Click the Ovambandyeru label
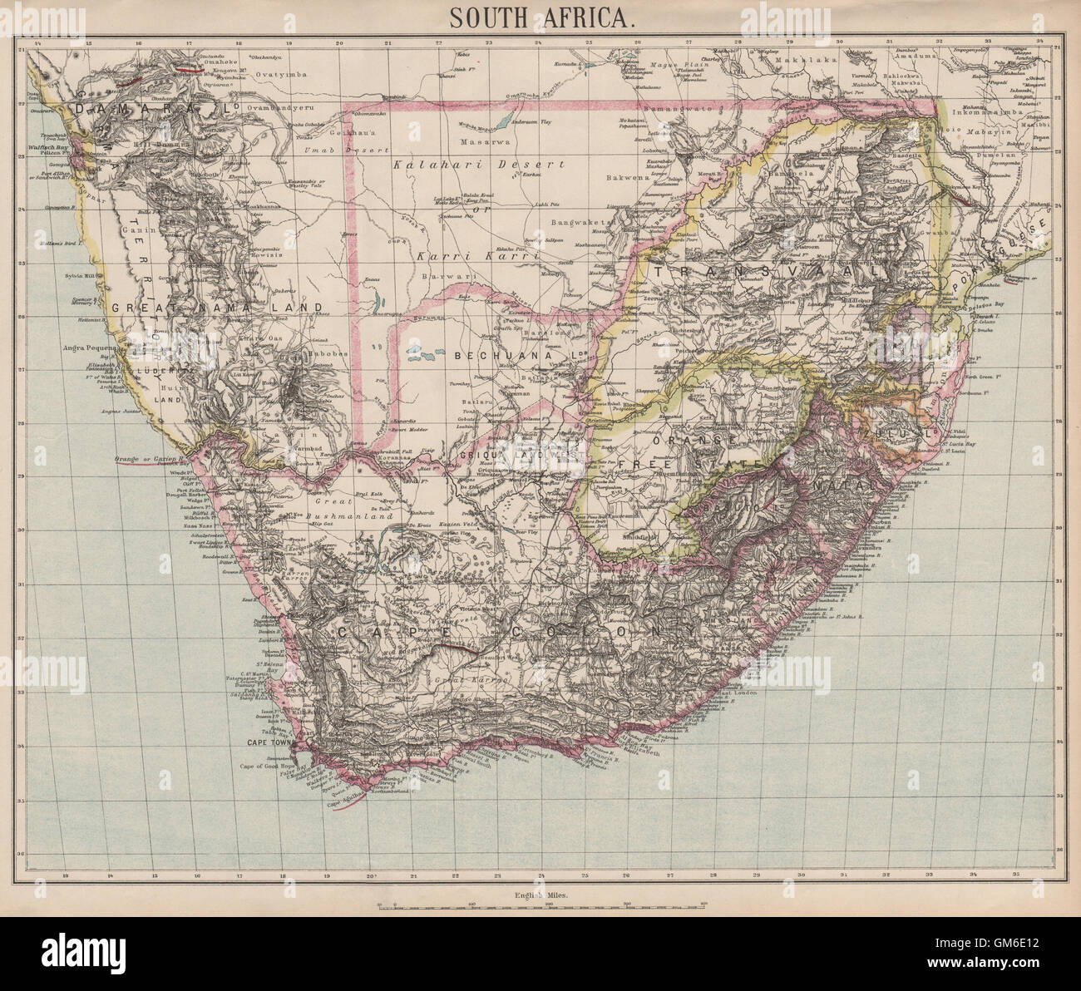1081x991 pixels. (280, 107)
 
